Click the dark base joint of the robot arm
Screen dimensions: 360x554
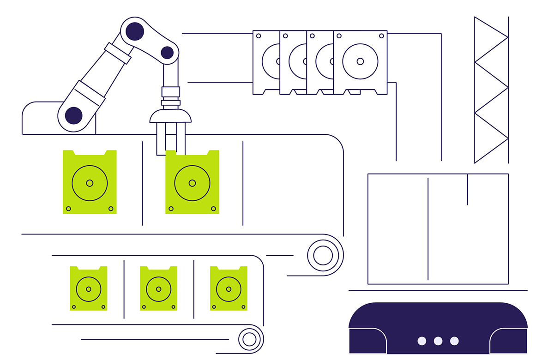coord(74,115)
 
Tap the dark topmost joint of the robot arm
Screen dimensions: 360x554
coord(134,31)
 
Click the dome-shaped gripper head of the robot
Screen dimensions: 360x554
coord(170,116)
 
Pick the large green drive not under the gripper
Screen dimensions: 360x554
coord(90,182)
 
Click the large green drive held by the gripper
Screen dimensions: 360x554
coord(192,183)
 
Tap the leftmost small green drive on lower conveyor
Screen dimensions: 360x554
coord(89,288)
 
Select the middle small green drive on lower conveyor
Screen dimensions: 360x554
coord(158,288)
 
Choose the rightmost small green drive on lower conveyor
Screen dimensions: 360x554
coord(229,288)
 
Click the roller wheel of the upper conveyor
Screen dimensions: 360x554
coord(323,255)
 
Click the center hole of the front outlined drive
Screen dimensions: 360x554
coord(360,61)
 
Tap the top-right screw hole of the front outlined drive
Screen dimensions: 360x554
coord(381,36)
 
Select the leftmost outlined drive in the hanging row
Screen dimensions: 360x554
coord(266,62)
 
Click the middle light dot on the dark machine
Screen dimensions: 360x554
coord(438,341)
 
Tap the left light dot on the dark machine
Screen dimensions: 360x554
coord(422,341)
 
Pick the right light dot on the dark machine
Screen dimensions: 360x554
coord(454,341)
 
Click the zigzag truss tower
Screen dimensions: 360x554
coord(491,90)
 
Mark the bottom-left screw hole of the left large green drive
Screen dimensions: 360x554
coord(68,209)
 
